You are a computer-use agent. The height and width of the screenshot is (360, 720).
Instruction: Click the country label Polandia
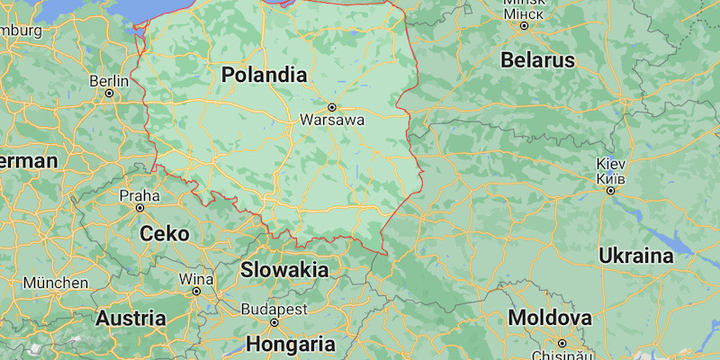point(264,75)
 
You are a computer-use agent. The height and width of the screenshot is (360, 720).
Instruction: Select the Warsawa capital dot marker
point(331,107)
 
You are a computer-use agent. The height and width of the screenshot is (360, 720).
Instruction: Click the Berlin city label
point(109,80)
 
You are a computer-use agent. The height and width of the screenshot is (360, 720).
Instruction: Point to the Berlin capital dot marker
point(110,93)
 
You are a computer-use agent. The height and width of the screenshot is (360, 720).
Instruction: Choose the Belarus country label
point(539,60)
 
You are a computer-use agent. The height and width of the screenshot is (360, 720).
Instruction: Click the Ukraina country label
point(635,256)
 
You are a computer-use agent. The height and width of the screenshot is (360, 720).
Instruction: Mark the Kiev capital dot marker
point(610,190)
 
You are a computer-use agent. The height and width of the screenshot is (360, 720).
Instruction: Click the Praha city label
point(139,194)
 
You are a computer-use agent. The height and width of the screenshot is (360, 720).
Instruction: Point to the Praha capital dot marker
point(139,208)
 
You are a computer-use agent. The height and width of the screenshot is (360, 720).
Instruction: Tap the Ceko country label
point(165,234)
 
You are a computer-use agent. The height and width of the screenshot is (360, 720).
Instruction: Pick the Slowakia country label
point(283,269)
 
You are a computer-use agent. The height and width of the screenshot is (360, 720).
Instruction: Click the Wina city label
point(196,278)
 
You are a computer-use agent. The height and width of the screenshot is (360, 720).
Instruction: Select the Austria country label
point(130,318)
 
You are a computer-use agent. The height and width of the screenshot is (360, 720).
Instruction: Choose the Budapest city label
point(274,310)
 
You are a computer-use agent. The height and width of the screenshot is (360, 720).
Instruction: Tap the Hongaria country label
point(291,344)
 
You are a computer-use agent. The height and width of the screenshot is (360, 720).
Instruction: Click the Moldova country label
point(550,318)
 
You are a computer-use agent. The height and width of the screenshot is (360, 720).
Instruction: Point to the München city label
point(56,283)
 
